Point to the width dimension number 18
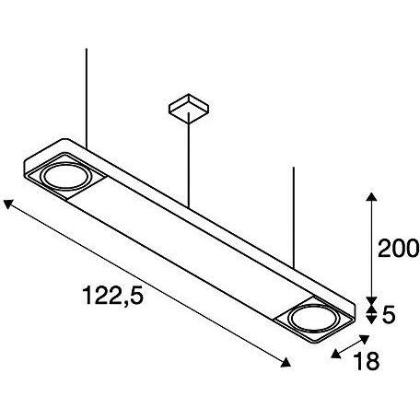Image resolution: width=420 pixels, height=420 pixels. pos(366,362)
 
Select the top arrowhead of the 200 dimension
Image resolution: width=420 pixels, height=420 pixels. pos(369,197)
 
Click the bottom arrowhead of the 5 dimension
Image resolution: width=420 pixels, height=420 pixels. pos(369,321)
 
